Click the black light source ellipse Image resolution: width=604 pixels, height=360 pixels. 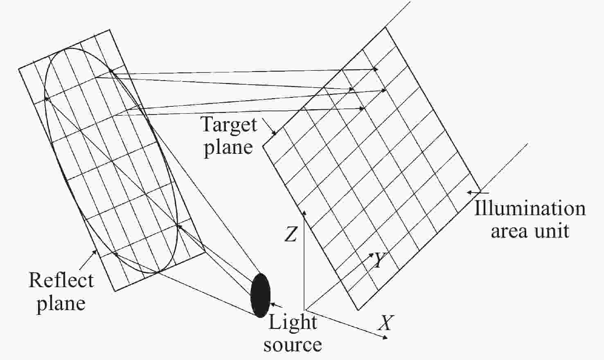point(260,295)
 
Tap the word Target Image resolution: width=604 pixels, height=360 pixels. point(230,124)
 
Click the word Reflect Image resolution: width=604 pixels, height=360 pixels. point(61,280)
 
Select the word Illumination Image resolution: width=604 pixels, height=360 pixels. point(530,209)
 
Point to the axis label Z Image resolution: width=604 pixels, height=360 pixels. point(291,234)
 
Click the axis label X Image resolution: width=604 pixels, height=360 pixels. point(384,323)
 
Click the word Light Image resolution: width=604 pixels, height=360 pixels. point(293,322)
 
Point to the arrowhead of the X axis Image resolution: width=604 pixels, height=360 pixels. point(385,337)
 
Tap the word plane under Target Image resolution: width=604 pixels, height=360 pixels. point(228,148)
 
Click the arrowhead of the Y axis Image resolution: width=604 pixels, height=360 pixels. point(372,255)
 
